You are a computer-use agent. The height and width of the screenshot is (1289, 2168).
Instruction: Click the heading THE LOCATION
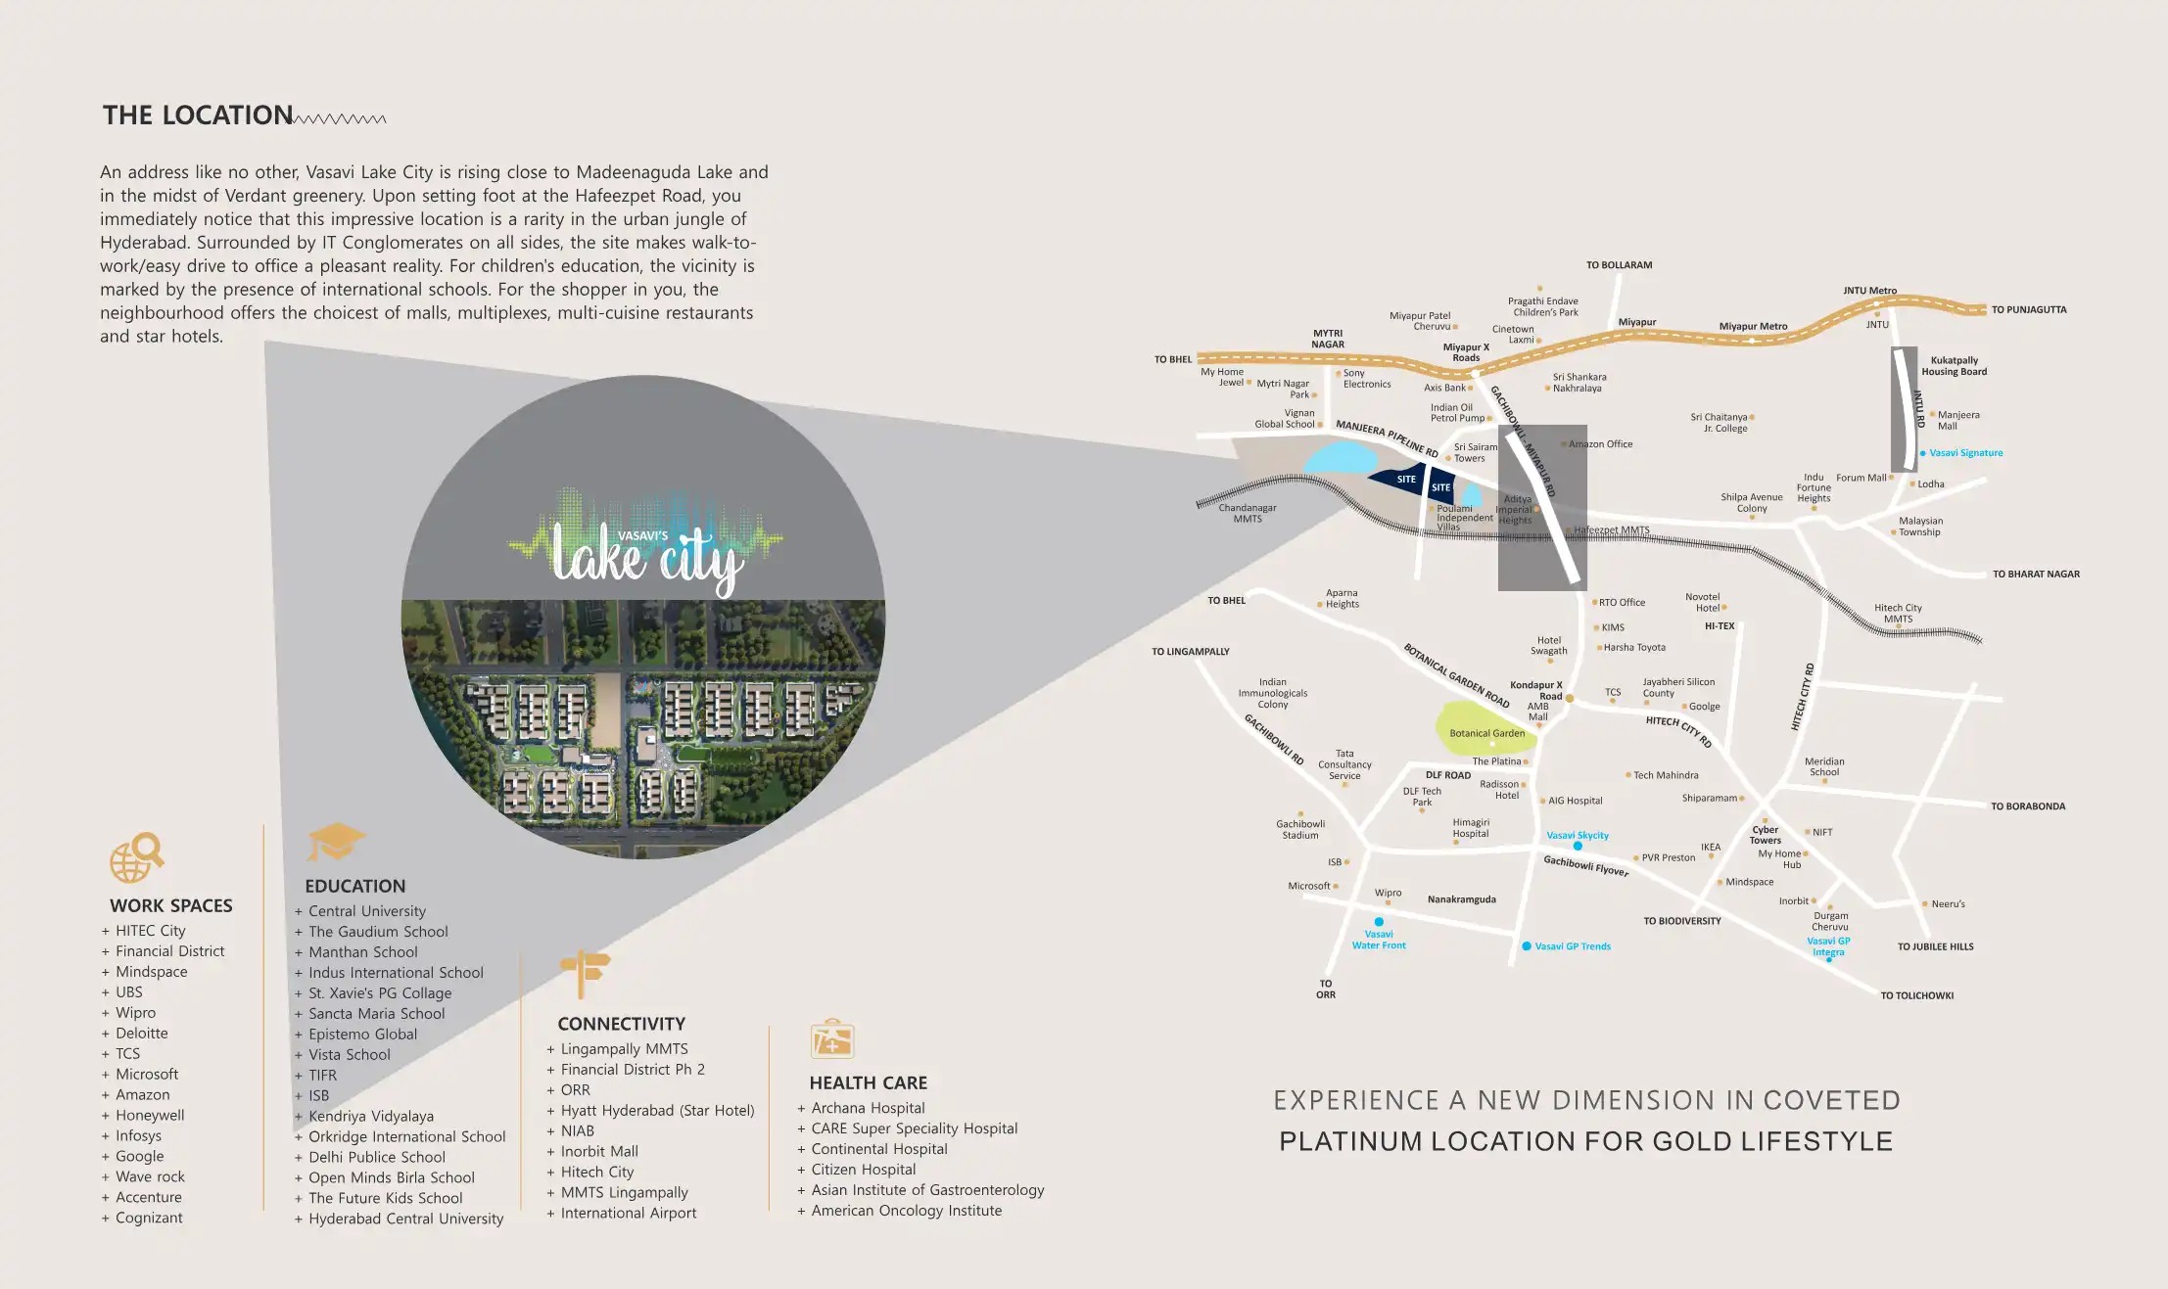click(x=198, y=115)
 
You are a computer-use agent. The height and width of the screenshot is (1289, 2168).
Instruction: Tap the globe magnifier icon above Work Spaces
click(x=136, y=857)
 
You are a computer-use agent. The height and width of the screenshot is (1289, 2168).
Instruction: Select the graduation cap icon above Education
click(x=334, y=842)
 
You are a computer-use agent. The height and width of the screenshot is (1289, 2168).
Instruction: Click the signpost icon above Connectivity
click(x=585, y=973)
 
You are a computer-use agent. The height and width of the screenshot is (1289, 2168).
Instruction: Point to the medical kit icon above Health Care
click(x=831, y=1039)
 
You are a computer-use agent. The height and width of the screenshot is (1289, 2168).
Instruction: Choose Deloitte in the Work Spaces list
click(x=142, y=1034)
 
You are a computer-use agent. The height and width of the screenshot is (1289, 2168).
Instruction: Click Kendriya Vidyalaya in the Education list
click(x=371, y=1117)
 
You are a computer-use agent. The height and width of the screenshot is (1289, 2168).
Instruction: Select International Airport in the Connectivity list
click(x=629, y=1214)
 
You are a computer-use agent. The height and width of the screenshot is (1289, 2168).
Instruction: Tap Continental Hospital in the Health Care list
click(x=879, y=1149)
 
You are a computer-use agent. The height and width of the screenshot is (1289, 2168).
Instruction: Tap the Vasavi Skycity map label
click(x=1578, y=836)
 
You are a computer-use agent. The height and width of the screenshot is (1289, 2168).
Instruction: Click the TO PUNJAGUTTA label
click(x=2029, y=310)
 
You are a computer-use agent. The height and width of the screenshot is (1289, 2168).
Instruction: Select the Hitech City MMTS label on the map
click(x=1898, y=614)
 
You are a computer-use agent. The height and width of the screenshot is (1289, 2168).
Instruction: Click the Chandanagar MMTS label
click(x=1248, y=514)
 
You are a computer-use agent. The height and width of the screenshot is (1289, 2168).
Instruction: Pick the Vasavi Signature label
click(x=1965, y=453)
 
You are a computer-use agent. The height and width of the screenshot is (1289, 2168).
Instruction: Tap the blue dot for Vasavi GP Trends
click(x=1527, y=946)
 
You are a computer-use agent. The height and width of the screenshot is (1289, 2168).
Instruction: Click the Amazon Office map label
click(x=1600, y=444)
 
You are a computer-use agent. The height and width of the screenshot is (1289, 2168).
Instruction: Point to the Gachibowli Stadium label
click(x=1300, y=830)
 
